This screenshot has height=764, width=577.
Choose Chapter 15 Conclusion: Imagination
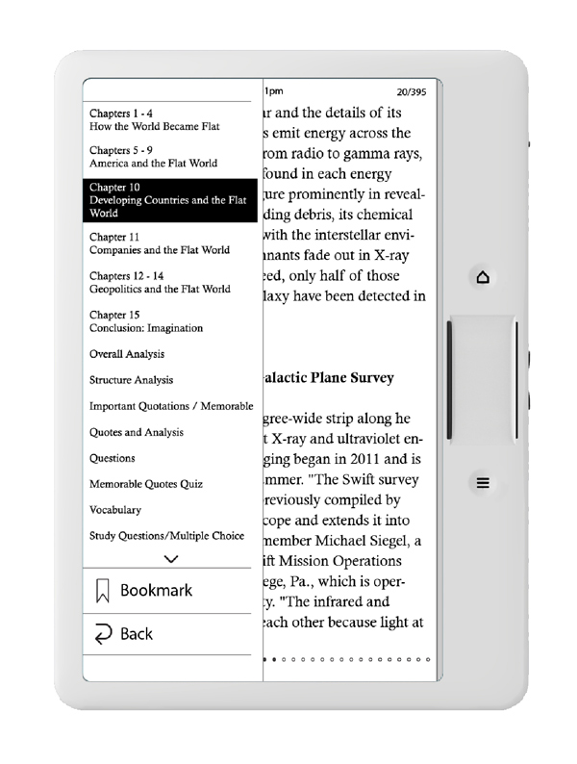point(145,321)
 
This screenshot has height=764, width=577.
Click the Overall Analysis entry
point(127,354)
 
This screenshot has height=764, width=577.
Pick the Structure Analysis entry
point(132,380)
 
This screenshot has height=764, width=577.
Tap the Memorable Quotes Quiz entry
point(140,484)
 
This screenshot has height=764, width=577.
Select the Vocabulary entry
point(115,510)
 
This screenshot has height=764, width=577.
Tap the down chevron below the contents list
point(172,558)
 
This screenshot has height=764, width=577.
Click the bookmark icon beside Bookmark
point(103,592)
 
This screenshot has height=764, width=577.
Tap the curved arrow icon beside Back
point(102,634)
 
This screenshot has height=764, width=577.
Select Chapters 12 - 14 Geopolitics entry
point(160,282)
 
